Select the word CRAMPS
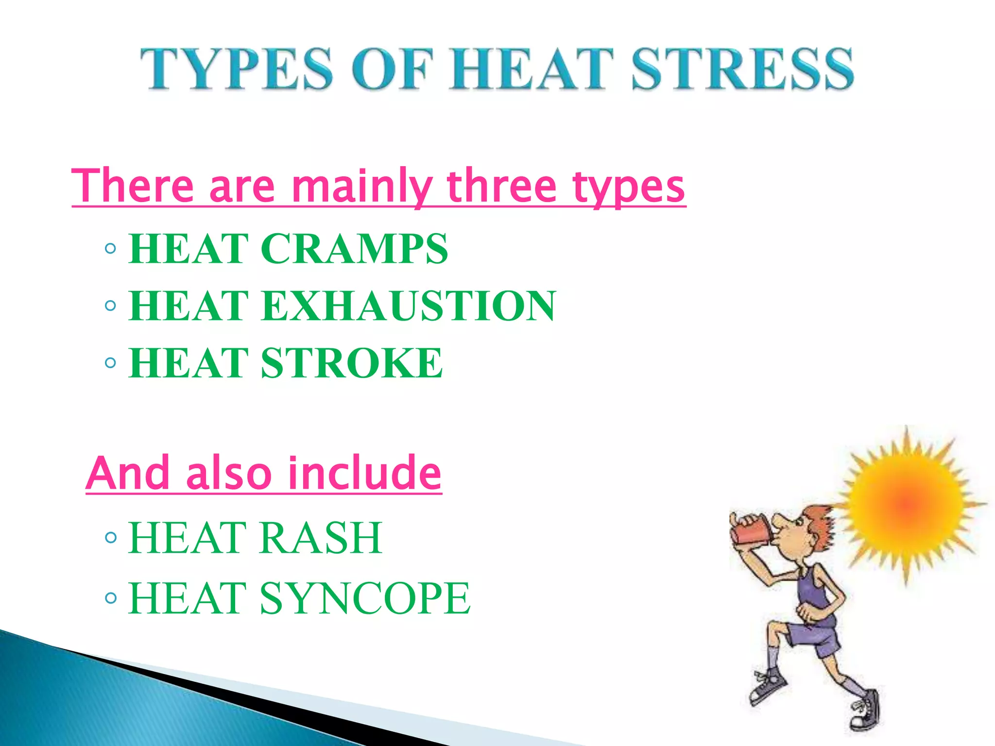[x=354, y=249]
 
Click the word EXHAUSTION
[x=408, y=305]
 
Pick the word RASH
[x=321, y=538]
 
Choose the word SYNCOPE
[x=365, y=598]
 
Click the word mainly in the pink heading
[x=361, y=187]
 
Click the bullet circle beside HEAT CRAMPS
[x=111, y=249]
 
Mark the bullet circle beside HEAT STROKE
[x=111, y=363]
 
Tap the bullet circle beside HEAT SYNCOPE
[x=111, y=598]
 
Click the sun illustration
[x=906, y=503]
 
